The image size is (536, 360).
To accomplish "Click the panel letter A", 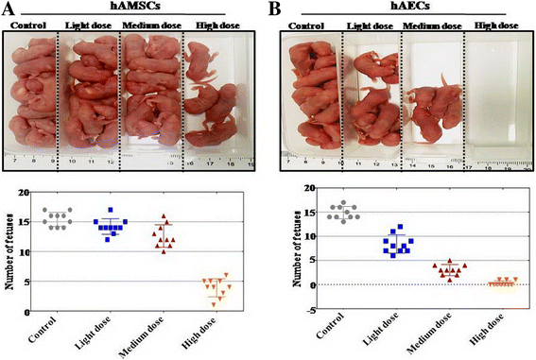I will (x=9, y=9).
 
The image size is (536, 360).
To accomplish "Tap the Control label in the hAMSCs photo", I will (x=31, y=23).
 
